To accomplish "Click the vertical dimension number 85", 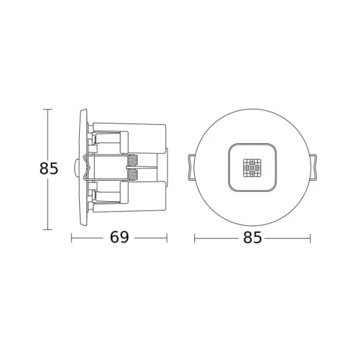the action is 49,168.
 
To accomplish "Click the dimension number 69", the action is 119,237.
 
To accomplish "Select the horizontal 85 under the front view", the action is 252,237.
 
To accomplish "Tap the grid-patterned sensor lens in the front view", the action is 252,168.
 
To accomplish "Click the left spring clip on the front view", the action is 191,167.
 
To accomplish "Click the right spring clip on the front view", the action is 313,167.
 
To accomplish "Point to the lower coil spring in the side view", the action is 133,175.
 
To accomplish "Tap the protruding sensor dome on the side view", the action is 76,168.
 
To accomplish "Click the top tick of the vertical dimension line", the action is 48,109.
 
